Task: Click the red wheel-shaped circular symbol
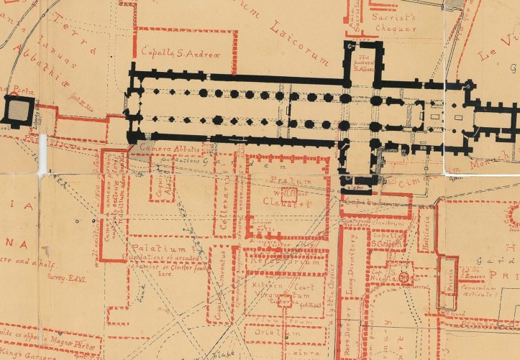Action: coord(404,277)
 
